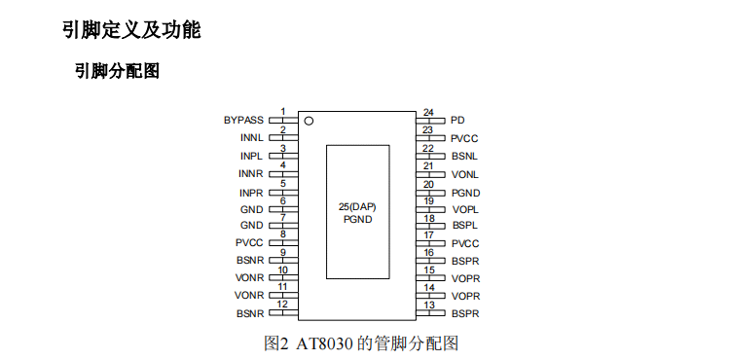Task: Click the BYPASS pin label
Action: [243, 120]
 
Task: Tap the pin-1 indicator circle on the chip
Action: [309, 121]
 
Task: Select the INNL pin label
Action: [252, 137]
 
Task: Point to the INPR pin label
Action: [251, 193]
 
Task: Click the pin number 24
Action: [428, 113]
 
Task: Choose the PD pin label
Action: [457, 120]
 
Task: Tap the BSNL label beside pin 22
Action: [464, 157]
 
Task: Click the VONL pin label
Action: [465, 175]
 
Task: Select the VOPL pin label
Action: [465, 210]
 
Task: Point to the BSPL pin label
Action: [465, 226]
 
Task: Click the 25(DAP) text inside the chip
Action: [357, 207]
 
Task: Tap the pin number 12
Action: [282, 305]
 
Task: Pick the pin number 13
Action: [429, 306]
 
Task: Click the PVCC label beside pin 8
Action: [249, 243]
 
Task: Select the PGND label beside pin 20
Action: [465, 193]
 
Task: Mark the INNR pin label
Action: [251, 173]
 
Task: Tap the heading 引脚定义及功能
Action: [131, 30]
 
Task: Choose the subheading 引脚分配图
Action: [118, 71]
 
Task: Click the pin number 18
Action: [429, 218]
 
